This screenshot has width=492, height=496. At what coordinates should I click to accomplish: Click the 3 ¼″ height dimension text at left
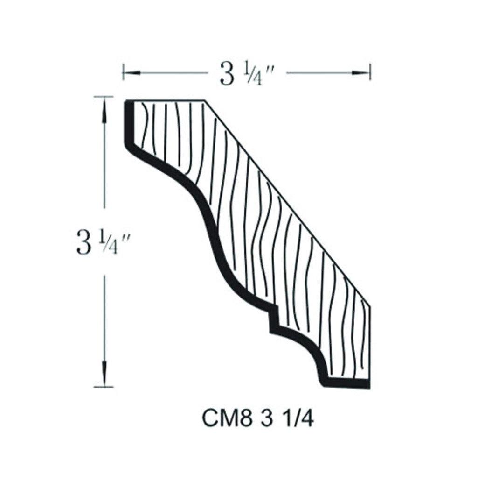(x=103, y=243)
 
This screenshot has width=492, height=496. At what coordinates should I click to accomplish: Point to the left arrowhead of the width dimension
(x=128, y=72)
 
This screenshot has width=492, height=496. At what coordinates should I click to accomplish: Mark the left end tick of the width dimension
(x=123, y=72)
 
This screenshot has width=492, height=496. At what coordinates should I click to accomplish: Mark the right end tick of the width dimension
(x=370, y=72)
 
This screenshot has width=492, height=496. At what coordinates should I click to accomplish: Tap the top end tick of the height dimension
(x=103, y=96)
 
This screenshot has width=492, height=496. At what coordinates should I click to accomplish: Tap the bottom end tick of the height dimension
(x=103, y=386)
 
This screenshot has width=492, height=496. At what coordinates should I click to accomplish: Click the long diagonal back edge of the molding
(x=287, y=203)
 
